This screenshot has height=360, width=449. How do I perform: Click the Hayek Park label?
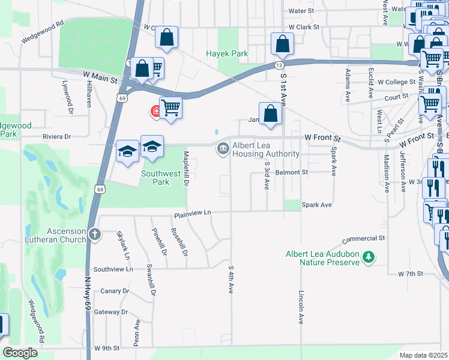[x=227, y=53]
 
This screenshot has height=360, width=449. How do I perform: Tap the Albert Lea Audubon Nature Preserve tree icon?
[x=369, y=258]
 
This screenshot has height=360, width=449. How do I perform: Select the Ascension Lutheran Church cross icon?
[x=94, y=234]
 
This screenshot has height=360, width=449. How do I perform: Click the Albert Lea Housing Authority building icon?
[x=223, y=148]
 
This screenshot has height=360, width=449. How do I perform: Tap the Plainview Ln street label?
[x=193, y=213]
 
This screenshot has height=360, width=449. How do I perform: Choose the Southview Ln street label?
[x=113, y=269]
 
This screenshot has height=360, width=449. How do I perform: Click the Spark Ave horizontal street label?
[x=317, y=205]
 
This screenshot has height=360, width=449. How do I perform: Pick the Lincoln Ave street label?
[x=301, y=307]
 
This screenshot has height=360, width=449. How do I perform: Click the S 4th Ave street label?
[x=231, y=280]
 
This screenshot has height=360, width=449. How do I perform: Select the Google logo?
[x=20, y=353]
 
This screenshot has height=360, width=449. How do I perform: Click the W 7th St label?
[x=411, y=274]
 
